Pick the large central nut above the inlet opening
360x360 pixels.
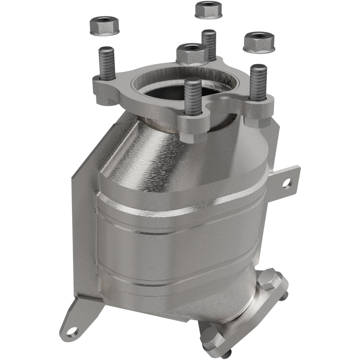pos(192,53)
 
